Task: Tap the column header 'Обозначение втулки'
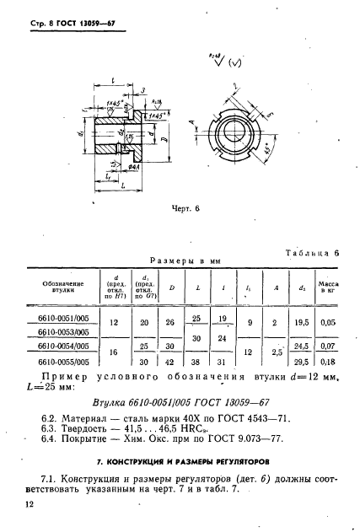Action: tap(63, 290)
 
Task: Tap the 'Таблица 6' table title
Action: tap(312, 251)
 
